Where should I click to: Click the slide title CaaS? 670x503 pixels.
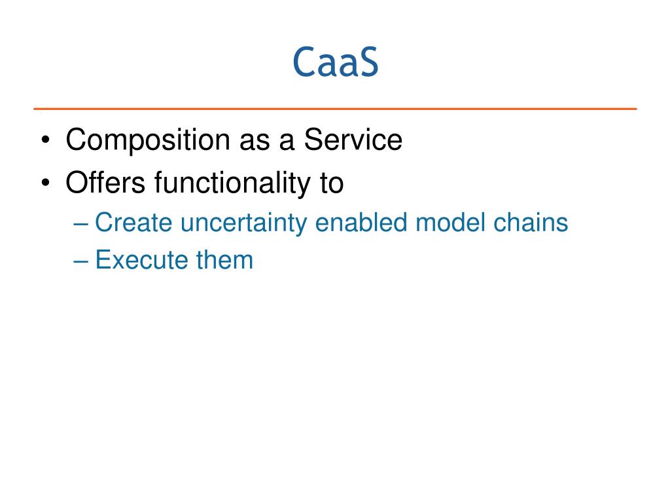[336, 62]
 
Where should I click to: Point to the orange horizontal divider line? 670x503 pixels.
[335, 109]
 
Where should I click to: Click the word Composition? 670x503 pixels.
[148, 140]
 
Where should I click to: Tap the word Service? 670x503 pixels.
[353, 140]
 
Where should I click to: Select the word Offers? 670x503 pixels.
[105, 182]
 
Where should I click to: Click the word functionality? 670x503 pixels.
[232, 183]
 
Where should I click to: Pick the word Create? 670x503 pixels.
[133, 223]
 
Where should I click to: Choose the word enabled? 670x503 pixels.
[361, 223]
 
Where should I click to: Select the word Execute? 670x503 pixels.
[141, 259]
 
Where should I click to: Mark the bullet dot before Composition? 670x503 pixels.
[46, 140]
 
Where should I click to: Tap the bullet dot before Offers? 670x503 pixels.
[46, 183]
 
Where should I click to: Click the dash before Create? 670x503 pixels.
[80, 224]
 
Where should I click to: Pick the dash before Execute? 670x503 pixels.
[80, 261]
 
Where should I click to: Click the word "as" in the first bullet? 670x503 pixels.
[255, 142]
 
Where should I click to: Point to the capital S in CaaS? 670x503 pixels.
[366, 62]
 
